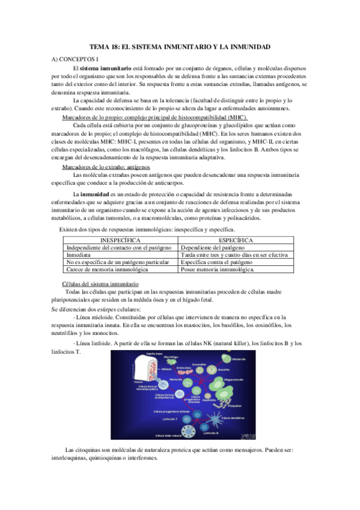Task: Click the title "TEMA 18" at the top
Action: (180, 46)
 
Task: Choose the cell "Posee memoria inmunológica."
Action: (218, 270)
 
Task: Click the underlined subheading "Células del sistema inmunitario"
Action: (100, 283)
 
